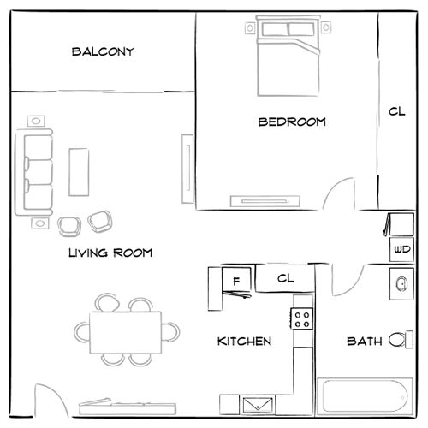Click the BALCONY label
103,52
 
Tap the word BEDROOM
292,122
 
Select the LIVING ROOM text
110,253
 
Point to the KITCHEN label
245,341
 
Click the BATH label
365,341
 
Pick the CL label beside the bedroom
395,111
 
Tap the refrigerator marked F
235,279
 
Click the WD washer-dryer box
401,249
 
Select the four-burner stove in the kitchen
302,319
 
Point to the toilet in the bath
397,340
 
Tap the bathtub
363,398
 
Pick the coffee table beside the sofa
79,172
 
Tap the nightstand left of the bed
251,28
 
